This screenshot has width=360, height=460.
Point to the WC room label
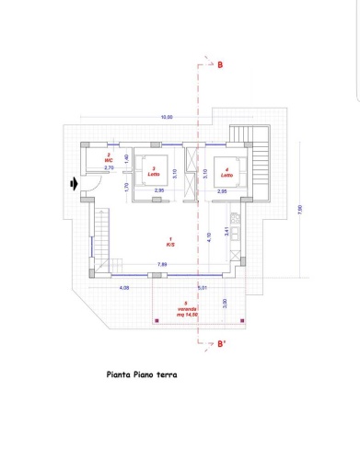pyautogui.click(x=109, y=158)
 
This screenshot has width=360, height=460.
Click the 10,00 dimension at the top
pyautogui.click(x=167, y=117)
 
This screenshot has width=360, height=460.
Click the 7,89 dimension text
pyautogui.click(x=162, y=265)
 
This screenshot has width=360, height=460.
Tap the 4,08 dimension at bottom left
pyautogui.click(x=123, y=289)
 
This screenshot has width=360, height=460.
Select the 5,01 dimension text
pyautogui.click(x=202, y=289)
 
